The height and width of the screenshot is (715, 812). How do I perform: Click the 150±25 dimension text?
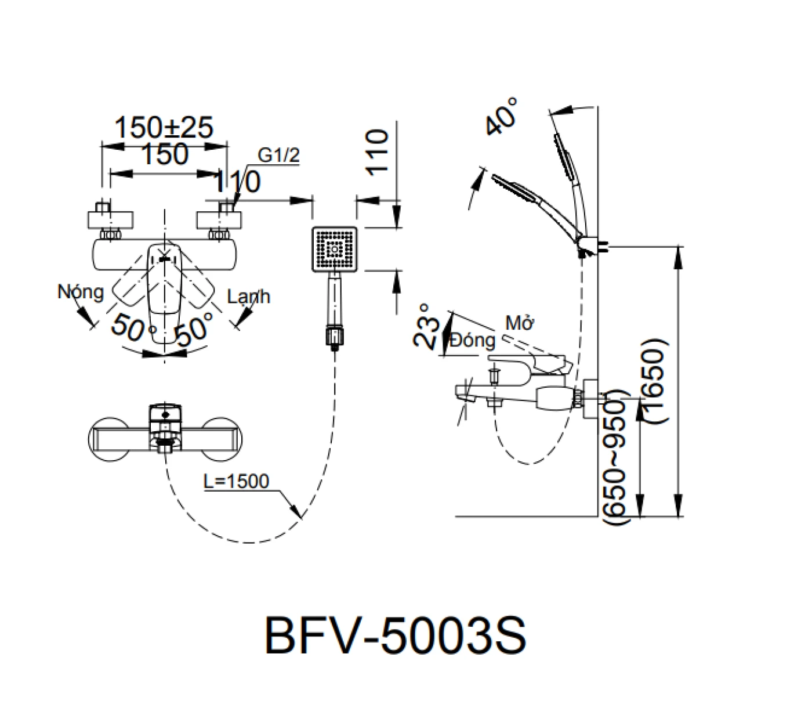(x=164, y=128)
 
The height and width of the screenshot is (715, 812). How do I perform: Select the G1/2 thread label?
(x=279, y=155)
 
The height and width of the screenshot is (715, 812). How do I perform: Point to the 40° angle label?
(x=502, y=116)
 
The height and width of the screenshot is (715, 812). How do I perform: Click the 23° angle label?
(x=427, y=326)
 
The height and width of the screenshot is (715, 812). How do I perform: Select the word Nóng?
(x=80, y=291)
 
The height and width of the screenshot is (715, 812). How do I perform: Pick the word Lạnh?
(x=248, y=297)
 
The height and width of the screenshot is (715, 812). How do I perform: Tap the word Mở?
(x=519, y=323)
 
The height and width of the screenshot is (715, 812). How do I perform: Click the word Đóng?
(x=473, y=340)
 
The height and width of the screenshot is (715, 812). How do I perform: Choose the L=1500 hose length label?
(x=236, y=481)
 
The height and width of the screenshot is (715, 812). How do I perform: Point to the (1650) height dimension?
(x=654, y=380)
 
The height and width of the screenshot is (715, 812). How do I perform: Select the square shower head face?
(x=335, y=249)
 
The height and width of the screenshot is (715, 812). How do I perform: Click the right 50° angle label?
(x=194, y=329)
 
